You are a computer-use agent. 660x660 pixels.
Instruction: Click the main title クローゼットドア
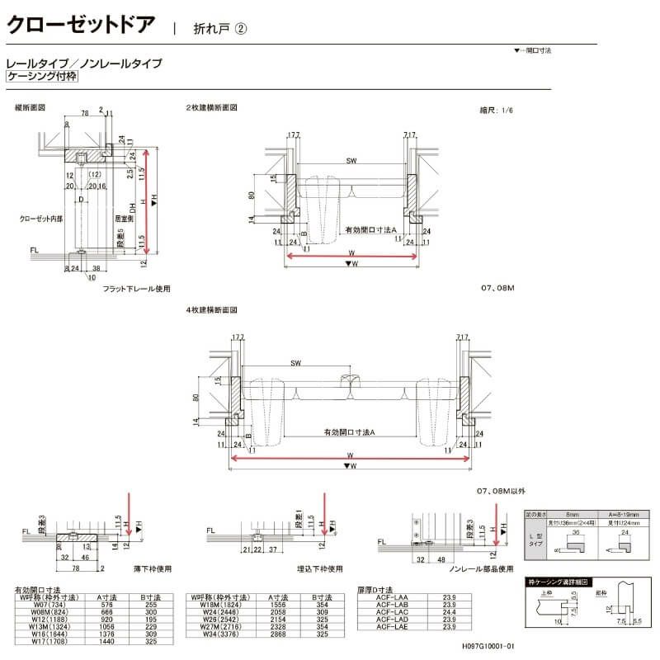tap(80, 23)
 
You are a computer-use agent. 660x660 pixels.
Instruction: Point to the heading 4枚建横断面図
tap(211, 310)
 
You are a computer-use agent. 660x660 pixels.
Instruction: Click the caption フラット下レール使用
tap(136, 289)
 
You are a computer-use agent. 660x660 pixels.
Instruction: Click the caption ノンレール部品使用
tap(480, 568)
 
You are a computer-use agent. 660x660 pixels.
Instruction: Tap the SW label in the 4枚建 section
tap(295, 364)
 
